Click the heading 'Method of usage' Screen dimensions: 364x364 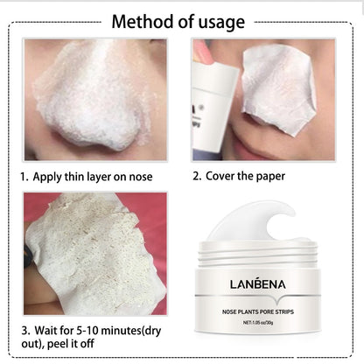[182, 20]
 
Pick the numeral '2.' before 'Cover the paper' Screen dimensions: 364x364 [197, 176]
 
